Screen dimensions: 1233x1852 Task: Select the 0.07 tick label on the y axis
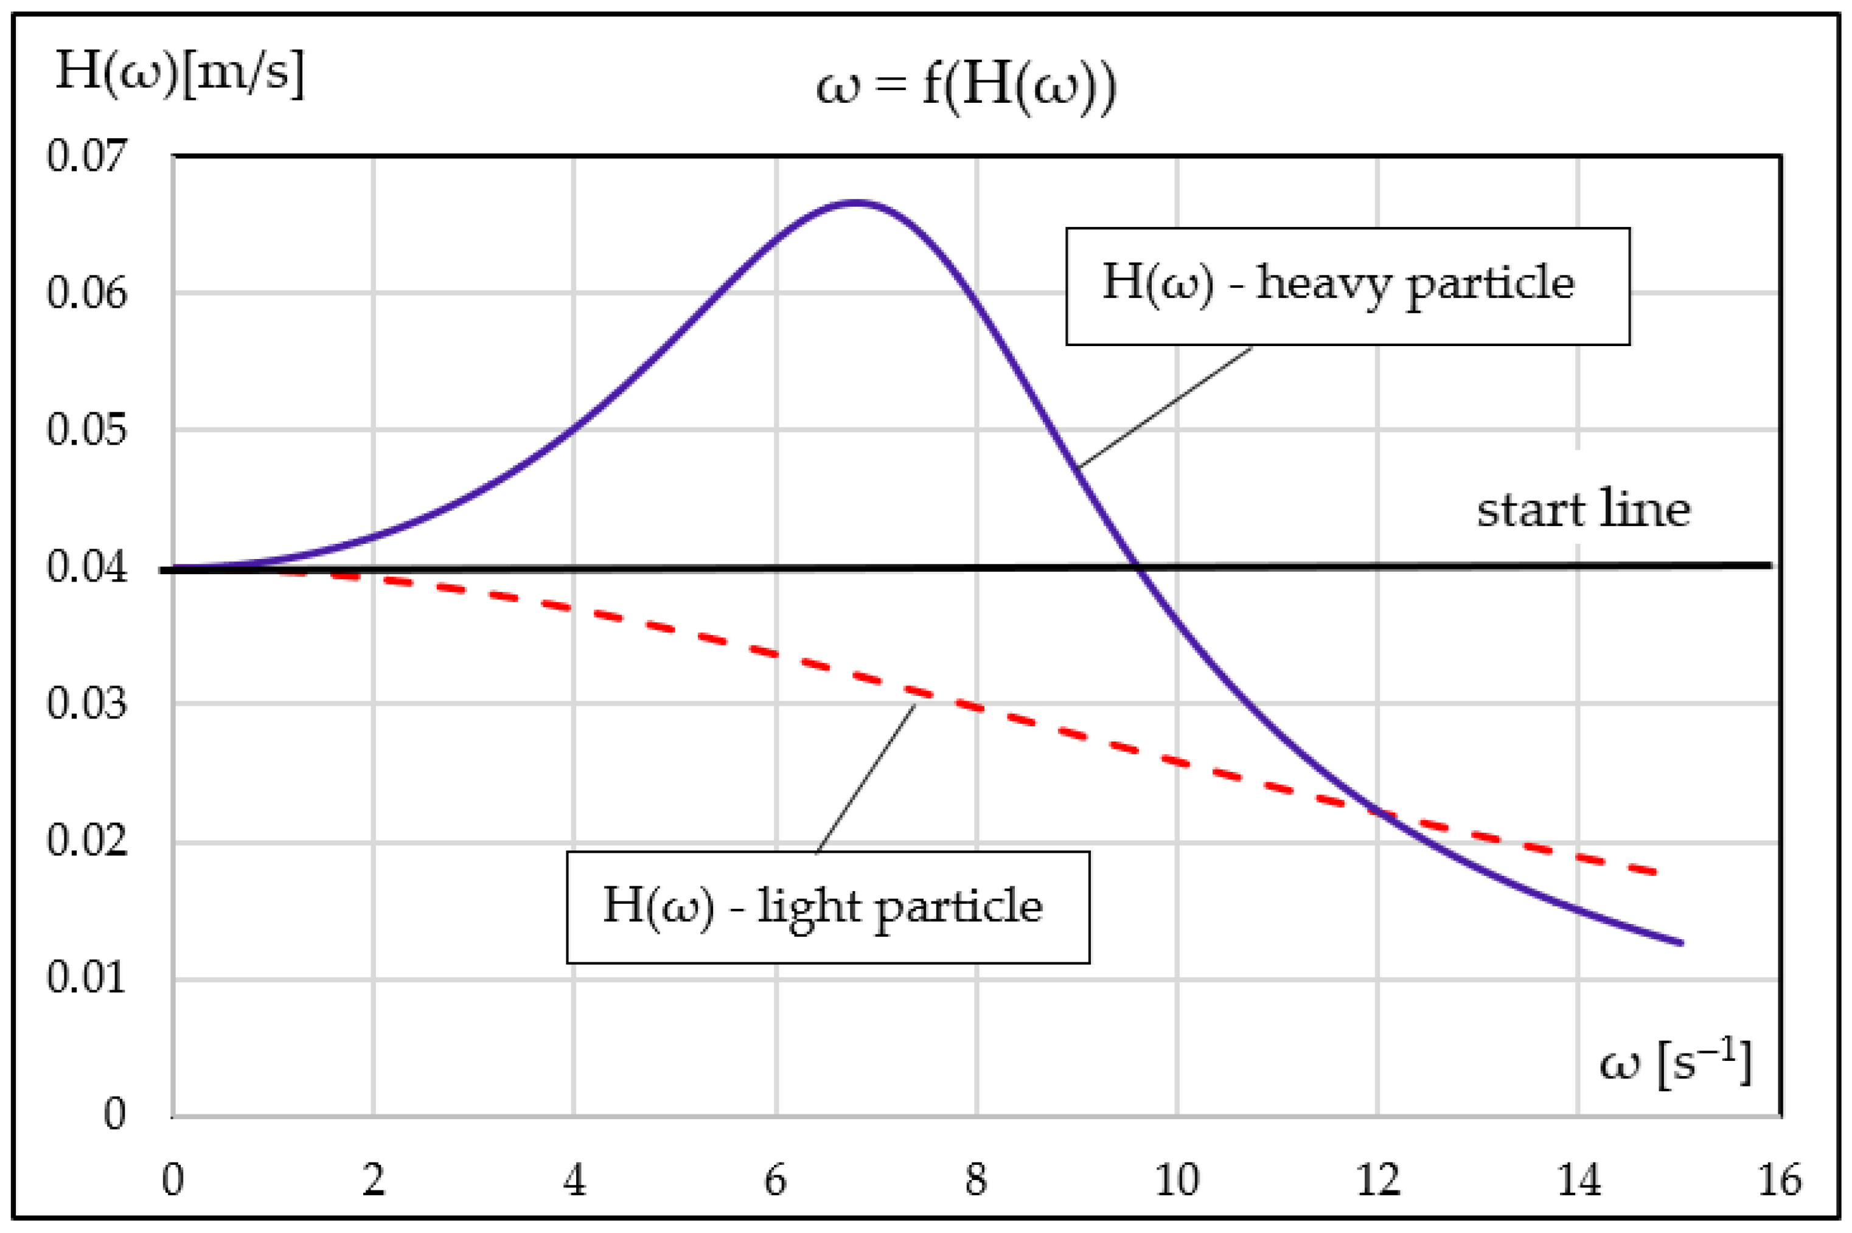86,155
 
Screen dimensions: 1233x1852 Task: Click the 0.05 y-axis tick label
86,429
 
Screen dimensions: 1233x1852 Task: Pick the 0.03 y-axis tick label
86,703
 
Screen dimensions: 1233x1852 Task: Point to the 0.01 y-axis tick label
86,978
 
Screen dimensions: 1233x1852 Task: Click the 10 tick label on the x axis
1177,1179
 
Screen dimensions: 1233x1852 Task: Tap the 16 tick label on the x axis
1779,1179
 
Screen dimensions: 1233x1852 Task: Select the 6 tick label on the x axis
775,1179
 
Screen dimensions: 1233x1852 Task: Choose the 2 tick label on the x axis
374,1179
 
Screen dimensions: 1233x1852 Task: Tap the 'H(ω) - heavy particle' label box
1347,287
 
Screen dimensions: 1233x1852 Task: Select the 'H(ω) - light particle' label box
828,907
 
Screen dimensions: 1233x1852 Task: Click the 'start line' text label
1583,510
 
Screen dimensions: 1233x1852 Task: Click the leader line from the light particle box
865,779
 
